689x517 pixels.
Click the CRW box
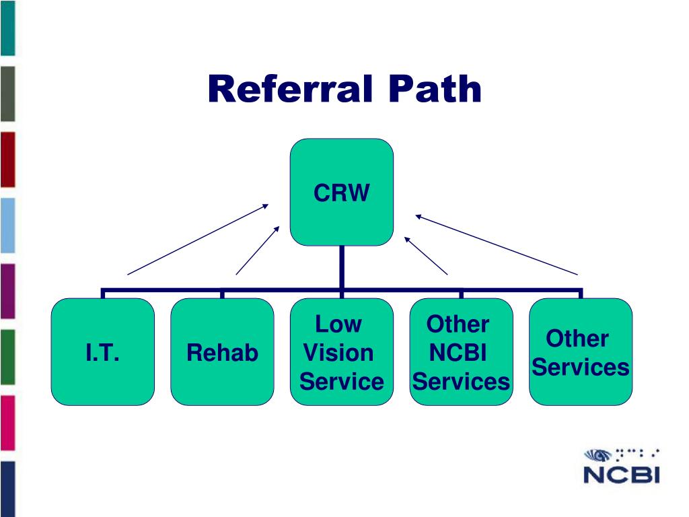point(341,192)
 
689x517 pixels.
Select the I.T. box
point(103,351)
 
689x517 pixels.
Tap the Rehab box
point(222,351)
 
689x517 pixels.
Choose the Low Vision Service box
point(341,351)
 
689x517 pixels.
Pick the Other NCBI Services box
point(461,351)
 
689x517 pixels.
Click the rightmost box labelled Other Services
point(581,351)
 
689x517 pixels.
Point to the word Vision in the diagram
point(338,353)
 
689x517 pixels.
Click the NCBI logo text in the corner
point(621,475)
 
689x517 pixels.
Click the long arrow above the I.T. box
point(198,239)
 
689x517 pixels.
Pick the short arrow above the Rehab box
point(258,250)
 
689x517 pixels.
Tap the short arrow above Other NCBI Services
point(426,256)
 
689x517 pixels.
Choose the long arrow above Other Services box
point(497,245)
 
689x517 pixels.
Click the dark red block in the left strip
point(7,160)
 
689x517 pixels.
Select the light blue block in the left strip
point(7,226)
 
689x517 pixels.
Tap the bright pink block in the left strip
point(7,423)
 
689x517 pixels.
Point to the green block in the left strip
point(7,357)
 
